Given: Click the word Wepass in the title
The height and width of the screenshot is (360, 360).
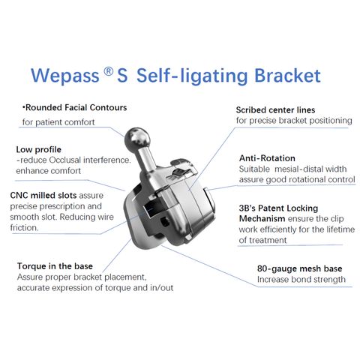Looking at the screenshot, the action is point(65,76).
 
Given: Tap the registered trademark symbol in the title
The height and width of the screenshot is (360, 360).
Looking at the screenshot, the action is point(108,72).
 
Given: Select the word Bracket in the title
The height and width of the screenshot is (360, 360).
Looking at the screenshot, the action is point(287,76).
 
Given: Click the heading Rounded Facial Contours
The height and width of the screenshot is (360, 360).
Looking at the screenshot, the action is point(76,108).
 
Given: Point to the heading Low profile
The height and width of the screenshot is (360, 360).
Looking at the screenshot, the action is point(39,149).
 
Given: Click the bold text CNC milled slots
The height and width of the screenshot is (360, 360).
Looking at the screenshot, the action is point(43,195).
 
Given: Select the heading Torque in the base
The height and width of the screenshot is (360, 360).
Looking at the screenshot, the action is point(55,266).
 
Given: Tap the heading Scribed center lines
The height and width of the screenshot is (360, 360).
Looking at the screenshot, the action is point(275,110).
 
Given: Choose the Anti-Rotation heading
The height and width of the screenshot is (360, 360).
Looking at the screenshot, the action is point(267,158).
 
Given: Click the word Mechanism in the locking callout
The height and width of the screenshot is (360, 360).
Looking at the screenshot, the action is point(262,219).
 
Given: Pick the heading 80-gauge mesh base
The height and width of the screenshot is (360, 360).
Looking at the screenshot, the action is point(300,268).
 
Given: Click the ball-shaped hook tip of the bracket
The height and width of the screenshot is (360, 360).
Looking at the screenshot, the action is point(137,138).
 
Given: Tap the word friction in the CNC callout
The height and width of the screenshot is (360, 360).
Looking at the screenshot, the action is point(23,228).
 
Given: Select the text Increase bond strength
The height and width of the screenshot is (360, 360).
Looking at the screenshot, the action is point(301,280).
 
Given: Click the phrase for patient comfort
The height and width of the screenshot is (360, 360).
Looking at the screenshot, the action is point(58,122).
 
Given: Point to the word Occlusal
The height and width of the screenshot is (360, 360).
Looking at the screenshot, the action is point(64,160).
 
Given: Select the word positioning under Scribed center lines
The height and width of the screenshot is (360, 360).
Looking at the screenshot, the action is point(331,121).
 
